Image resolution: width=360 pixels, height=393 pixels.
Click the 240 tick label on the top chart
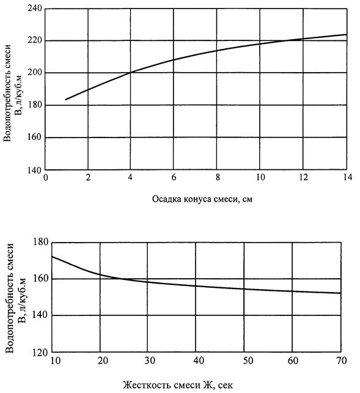pyautogui.click(x=34, y=9)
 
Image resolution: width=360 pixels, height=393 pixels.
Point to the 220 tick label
pyautogui.click(x=34, y=40)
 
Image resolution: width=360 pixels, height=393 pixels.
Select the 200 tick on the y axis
pyautogui.click(x=34, y=73)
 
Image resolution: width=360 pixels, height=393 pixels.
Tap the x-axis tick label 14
pyautogui.click(x=347, y=177)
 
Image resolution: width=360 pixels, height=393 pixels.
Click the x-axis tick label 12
pyautogui.click(x=303, y=177)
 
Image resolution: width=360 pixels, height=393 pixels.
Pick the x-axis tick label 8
pyautogui.click(x=218, y=177)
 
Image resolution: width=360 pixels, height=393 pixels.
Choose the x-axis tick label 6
pyautogui.click(x=174, y=177)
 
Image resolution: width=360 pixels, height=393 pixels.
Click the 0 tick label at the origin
pyautogui.click(x=46, y=177)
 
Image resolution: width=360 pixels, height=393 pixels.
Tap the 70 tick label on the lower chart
pyautogui.click(x=342, y=361)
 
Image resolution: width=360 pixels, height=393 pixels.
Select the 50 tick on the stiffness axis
pyautogui.click(x=248, y=361)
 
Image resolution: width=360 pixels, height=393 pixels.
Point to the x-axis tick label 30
pyautogui.click(x=150, y=361)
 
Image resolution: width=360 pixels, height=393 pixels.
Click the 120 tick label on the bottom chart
pyautogui.click(x=40, y=353)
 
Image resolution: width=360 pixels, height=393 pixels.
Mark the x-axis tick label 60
pyautogui.click(x=293, y=361)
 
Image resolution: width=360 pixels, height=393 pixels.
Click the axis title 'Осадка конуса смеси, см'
pyautogui.click(x=202, y=199)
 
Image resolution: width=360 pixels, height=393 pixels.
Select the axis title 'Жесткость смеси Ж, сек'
pyautogui.click(x=178, y=384)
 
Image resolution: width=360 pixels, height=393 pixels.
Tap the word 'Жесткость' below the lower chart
pyautogui.click(x=145, y=384)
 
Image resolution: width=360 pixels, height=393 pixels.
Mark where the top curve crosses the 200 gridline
pyautogui.click(x=130, y=73)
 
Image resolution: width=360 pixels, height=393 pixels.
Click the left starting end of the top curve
pyautogui.click(x=65, y=100)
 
